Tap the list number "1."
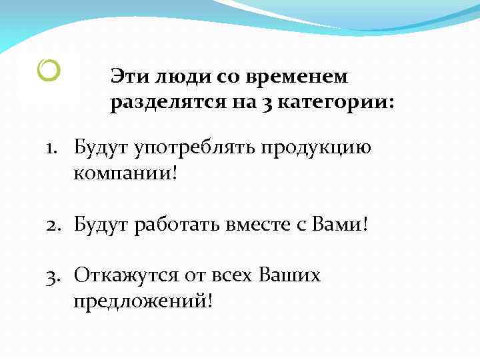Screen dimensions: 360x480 [x=54, y=146]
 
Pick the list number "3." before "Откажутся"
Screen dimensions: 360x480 [x=55, y=275]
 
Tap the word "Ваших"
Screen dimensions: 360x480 [x=289, y=275]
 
